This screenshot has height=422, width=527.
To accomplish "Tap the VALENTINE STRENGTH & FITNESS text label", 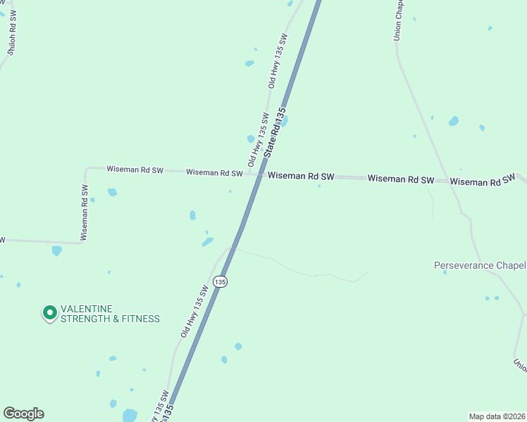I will click(109, 314).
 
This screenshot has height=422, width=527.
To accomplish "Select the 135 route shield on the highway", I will click(221, 281).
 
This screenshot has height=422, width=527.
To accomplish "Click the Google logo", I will click(23, 414).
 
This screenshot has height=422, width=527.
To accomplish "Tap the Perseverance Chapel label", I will click(480, 265).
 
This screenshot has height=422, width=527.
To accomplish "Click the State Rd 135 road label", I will click(275, 132).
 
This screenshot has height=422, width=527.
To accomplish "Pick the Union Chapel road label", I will click(399, 20).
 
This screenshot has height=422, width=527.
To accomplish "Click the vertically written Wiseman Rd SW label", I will click(84, 213).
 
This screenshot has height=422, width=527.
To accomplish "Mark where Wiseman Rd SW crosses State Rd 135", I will click(259, 175).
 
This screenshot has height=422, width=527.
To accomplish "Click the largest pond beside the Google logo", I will click(130, 415).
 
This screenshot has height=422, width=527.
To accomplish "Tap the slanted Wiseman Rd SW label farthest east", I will click(483, 180).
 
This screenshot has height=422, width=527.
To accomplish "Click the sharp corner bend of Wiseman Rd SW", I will click(86, 168).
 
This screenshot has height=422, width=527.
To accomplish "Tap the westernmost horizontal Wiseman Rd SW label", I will click(135, 170).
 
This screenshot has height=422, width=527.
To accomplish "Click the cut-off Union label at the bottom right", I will click(520, 365).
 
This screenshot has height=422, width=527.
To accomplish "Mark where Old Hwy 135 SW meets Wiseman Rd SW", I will click(249, 174).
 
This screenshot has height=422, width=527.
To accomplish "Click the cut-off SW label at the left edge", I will click(2, 240).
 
